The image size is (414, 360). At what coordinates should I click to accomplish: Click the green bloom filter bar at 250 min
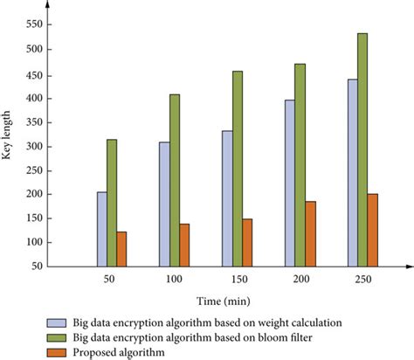pyautogui.click(x=362, y=149)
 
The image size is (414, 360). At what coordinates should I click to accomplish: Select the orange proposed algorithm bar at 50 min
pyautogui.click(x=121, y=249)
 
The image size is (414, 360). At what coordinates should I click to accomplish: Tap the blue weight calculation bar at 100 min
pyautogui.click(x=164, y=204)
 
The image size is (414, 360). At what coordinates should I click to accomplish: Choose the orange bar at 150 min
pyautogui.click(x=247, y=242)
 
